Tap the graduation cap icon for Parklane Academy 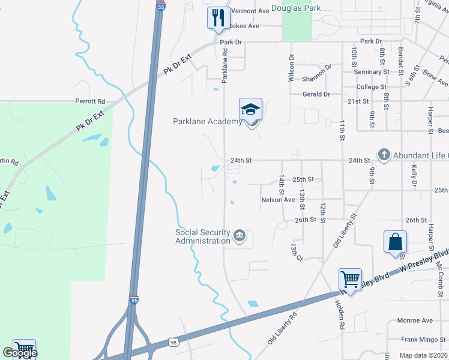251,109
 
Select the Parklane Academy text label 207,122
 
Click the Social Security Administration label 203,236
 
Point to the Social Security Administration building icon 240,235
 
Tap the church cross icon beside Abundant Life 384,155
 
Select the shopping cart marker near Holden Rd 350,279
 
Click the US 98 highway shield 174,342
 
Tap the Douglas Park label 296,8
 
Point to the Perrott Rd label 90,101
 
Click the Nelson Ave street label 278,200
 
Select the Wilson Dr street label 291,69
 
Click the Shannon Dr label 317,75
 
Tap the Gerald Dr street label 316,94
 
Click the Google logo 20,353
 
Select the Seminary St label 372,72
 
